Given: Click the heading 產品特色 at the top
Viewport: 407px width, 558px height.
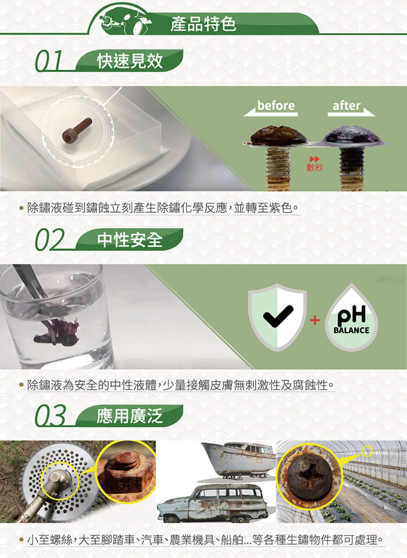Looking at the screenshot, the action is point(203,24).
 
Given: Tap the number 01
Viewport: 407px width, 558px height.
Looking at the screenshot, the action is point(49,61).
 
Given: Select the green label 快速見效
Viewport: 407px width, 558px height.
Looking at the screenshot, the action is point(130,61).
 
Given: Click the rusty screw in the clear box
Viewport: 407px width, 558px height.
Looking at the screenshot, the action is point(77,131).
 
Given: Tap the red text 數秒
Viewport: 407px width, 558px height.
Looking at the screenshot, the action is point(315,167).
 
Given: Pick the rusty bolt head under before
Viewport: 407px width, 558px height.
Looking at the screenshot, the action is point(279,135).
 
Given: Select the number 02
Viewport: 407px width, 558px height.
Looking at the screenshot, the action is point(50,240).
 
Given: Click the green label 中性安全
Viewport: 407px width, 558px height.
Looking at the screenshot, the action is point(130,239).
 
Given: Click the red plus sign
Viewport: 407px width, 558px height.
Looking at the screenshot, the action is point(315,321).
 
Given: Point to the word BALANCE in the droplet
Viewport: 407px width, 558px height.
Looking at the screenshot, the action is point(351,330).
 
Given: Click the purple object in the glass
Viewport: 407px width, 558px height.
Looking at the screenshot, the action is point(57,333).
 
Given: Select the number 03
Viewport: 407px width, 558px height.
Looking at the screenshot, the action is point(50,416).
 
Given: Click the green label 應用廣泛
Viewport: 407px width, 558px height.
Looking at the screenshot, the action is point(130,416).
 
